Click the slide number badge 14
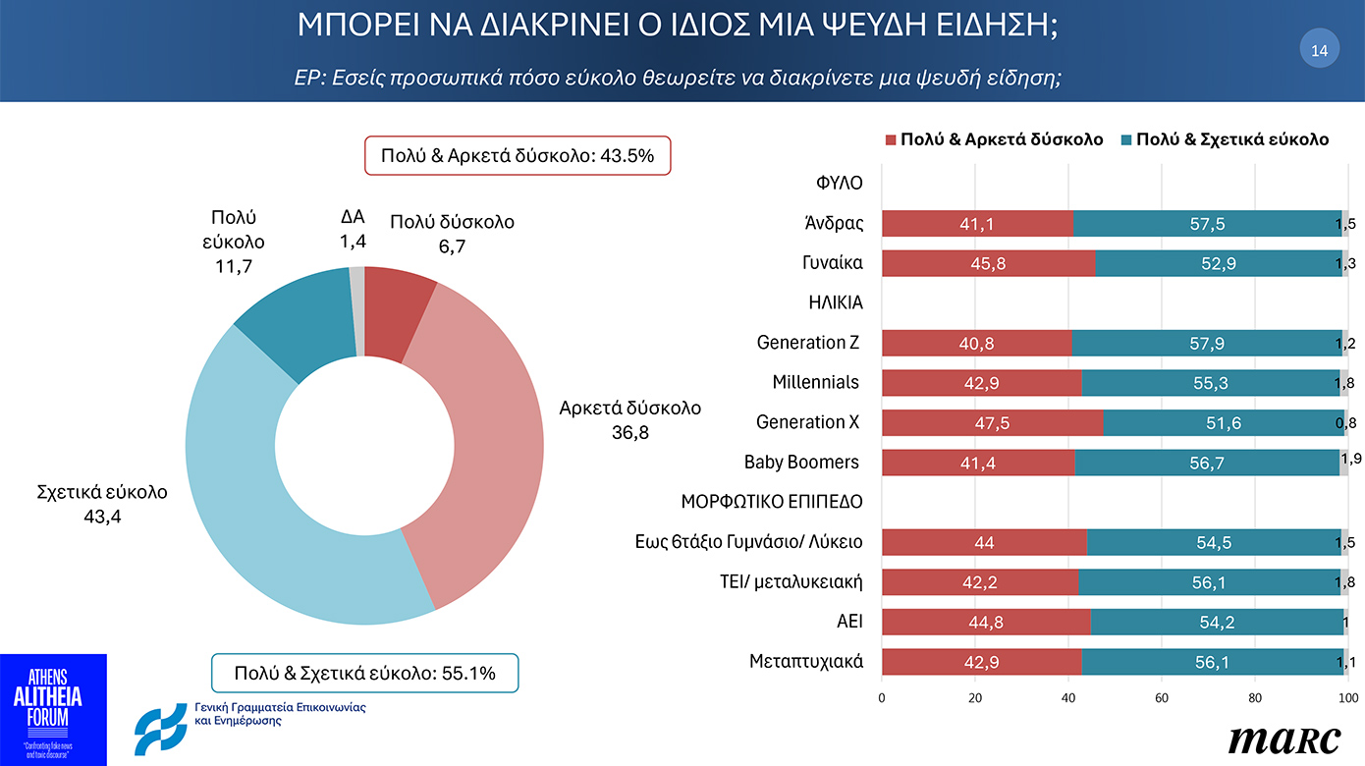[x=1319, y=50]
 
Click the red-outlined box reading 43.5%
[x=518, y=155]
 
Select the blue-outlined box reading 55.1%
[x=364, y=673]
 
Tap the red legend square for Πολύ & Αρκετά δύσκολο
[x=891, y=139]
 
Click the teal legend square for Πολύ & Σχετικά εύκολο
[x=1125, y=139]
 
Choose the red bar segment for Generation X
[x=992, y=423]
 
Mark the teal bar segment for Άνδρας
[x=1207, y=224]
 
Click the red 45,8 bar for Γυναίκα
[x=988, y=263]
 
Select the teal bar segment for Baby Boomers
[x=1206, y=463]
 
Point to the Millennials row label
[x=815, y=382]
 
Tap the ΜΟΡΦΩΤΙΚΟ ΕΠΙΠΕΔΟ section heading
[x=772, y=502]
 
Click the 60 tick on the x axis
[x=1162, y=698]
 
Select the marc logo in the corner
[x=1283, y=739]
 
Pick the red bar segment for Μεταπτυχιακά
[x=981, y=662]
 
